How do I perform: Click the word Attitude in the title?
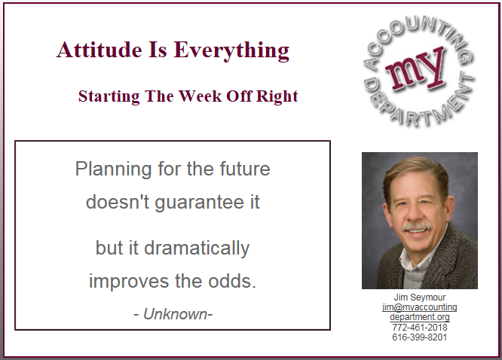pos(99,50)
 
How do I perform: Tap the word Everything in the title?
pos(231,51)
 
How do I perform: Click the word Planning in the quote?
pos(113,169)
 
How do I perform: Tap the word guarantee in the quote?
pos(199,203)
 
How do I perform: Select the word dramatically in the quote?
pos(197,249)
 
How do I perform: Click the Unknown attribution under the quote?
pos(173,314)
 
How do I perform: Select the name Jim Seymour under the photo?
pos(419,297)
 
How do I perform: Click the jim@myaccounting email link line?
pos(419,307)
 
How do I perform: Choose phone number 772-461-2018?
pos(419,328)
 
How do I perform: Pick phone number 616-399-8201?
pos(419,337)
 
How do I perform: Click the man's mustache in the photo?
pos(417,227)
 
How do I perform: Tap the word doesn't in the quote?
pos(118,203)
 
